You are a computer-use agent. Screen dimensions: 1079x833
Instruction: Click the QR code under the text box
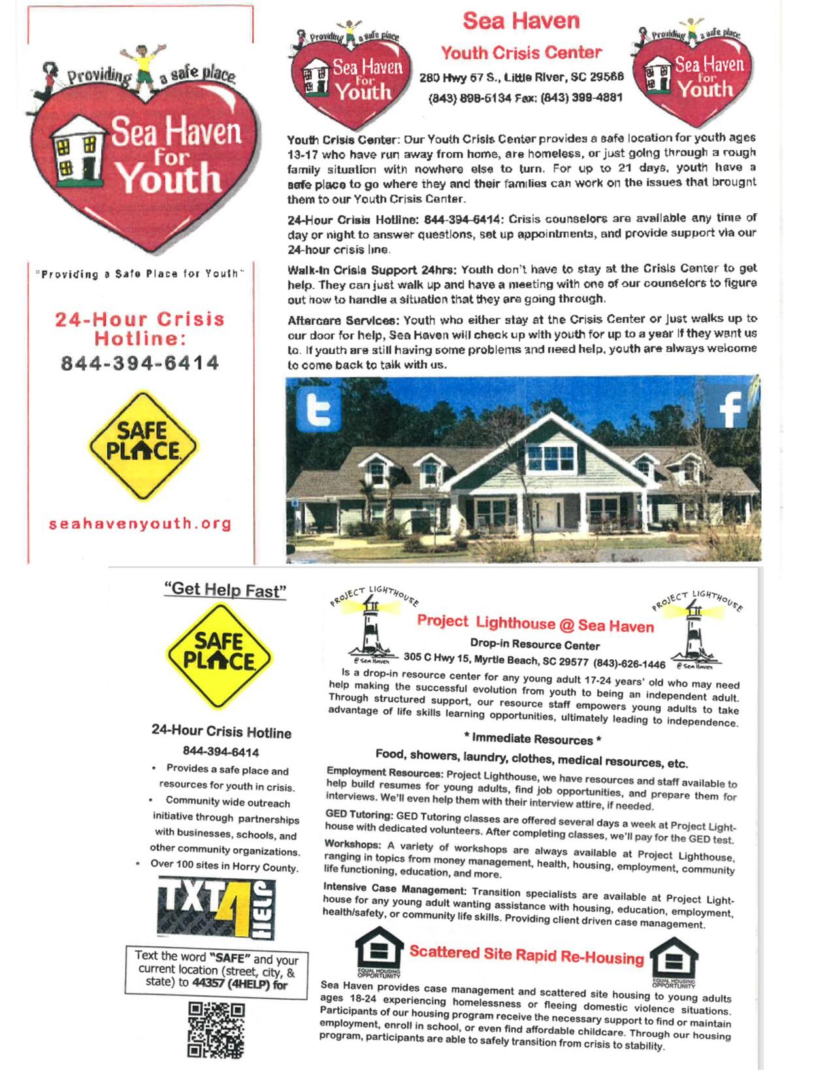click(216, 1031)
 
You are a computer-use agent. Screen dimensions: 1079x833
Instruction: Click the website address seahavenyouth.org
click(140, 524)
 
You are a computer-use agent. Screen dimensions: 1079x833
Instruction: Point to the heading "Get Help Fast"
click(225, 590)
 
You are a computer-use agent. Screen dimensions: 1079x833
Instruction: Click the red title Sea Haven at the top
click(521, 21)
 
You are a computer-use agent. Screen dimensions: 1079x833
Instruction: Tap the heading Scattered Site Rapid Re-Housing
click(527, 955)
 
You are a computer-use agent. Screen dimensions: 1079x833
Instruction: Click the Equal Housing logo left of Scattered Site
click(379, 951)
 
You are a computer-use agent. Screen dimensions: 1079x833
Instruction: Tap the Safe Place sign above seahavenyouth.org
click(142, 445)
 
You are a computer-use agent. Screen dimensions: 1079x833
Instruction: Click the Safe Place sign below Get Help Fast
click(218, 656)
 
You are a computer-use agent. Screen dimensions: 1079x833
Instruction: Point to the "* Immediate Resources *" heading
click(532, 740)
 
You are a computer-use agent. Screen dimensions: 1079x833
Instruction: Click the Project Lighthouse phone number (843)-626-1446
click(629, 664)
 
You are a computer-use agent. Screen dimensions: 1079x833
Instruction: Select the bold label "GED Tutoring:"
click(359, 815)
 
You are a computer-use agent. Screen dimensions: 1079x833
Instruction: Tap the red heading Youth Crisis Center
click(521, 53)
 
